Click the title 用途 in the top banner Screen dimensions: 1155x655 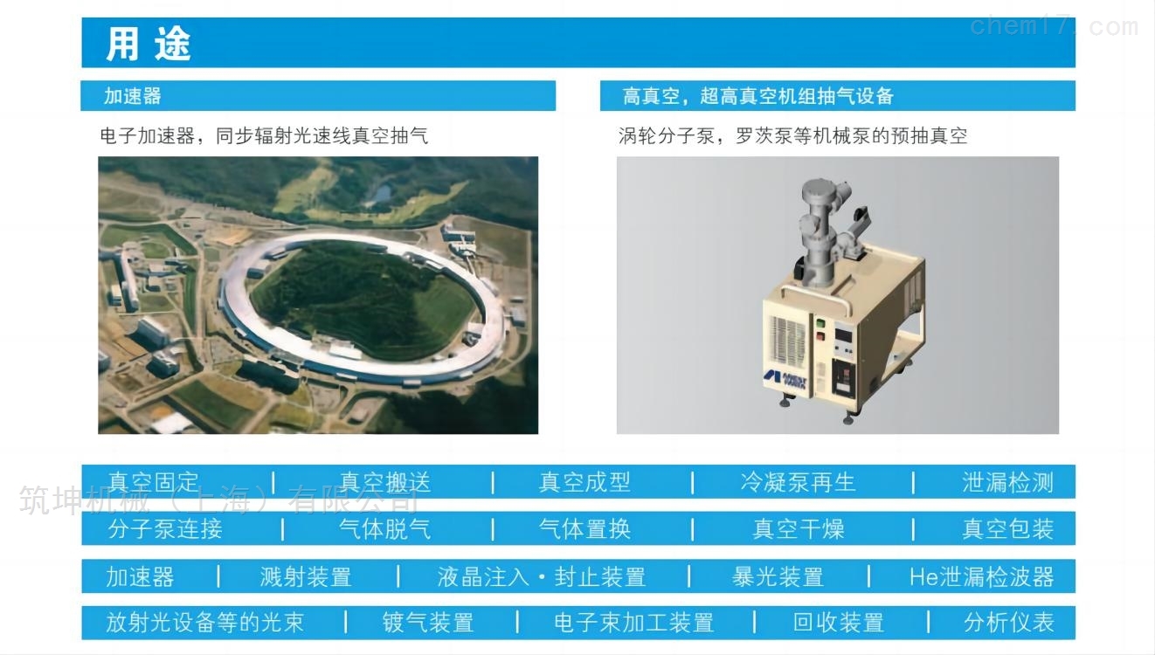[x=149, y=44]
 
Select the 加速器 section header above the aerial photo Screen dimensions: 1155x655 [x=133, y=96]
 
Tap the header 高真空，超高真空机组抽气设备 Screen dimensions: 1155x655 [x=758, y=96]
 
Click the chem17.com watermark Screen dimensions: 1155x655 [x=1054, y=26]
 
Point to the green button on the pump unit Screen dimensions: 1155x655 [x=820, y=324]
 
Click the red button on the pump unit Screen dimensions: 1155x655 [x=820, y=336]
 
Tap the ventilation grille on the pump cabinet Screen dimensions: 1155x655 [x=787, y=341]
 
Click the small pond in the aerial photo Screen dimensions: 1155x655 [x=382, y=195]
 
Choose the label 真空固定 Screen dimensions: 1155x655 [x=153, y=482]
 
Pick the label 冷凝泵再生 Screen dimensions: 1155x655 [x=798, y=482]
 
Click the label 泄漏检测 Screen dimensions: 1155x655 [x=1007, y=482]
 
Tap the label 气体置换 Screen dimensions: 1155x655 [x=584, y=528]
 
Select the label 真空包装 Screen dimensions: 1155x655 [x=1007, y=528]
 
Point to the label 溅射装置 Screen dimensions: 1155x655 [x=306, y=576]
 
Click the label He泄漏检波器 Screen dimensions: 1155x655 [x=981, y=576]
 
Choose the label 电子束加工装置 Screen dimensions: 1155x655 [x=633, y=623]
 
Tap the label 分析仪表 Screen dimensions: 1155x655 [x=1008, y=623]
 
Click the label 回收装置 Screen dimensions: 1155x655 [x=839, y=623]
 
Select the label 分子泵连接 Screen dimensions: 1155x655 [x=165, y=528]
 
